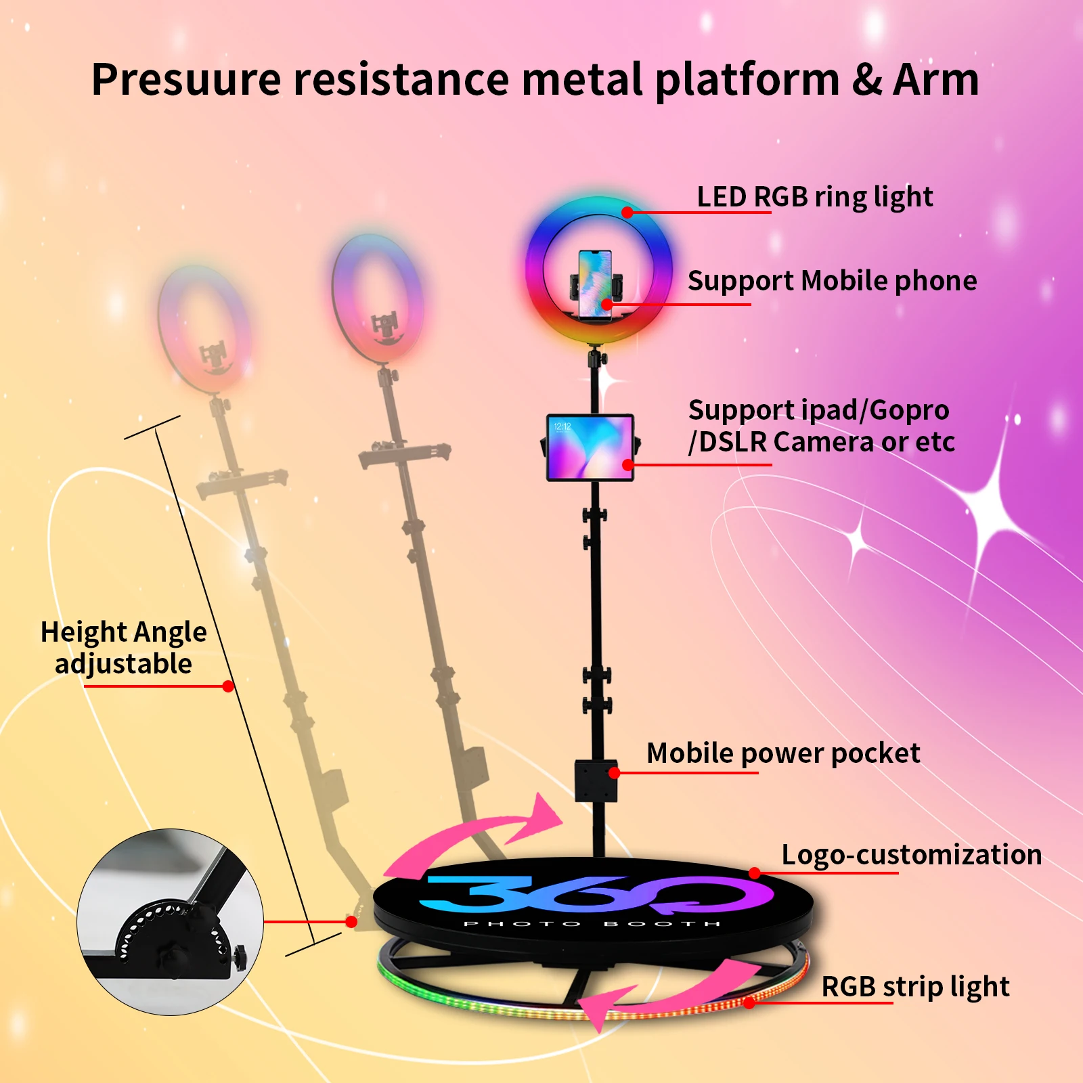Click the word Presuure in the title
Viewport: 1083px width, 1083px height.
186,79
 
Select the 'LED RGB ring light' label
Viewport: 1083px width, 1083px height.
815,197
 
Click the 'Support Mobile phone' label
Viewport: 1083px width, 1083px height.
833,281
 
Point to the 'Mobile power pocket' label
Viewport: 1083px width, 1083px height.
783,753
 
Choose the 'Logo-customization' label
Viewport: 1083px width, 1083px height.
912,854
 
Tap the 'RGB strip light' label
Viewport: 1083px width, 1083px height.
915,987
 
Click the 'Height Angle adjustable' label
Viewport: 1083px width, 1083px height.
124,648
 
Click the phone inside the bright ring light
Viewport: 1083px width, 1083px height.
595,284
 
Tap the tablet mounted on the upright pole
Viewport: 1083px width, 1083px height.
590,447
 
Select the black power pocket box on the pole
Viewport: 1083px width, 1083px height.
596,781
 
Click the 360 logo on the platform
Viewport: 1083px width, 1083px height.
596,893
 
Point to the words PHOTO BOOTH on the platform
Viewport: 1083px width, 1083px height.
592,924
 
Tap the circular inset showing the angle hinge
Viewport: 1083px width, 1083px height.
170,922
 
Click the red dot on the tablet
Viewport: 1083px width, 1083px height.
628,465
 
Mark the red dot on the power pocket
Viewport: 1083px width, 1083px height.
614,773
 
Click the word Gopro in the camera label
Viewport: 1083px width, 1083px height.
909,410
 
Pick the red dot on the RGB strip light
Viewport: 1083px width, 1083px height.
749,1003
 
